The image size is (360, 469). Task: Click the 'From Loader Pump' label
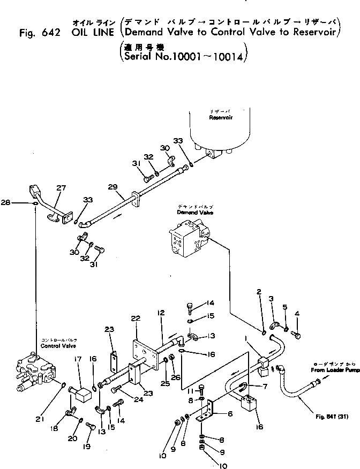(x=334, y=370)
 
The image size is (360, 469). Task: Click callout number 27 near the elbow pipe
(x=61, y=188)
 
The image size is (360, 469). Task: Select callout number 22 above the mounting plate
(x=135, y=318)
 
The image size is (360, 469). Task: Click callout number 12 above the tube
(x=160, y=312)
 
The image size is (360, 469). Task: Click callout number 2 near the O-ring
(x=258, y=292)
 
